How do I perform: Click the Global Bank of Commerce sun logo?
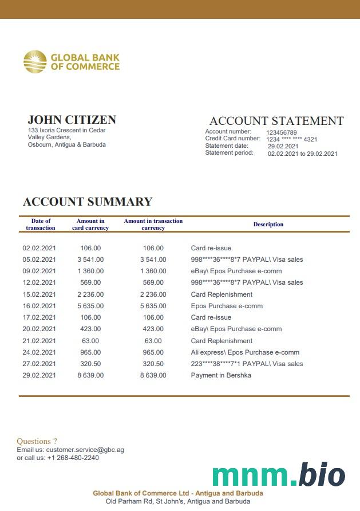click(x=35, y=62)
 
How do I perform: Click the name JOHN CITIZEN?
click(x=72, y=120)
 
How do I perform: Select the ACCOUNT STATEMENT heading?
click(x=276, y=121)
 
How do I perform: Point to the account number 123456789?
click(x=282, y=132)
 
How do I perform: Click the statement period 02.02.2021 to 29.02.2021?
click(x=303, y=154)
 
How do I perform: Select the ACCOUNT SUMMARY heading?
click(x=88, y=202)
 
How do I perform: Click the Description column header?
click(x=268, y=225)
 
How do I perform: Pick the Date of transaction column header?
click(x=41, y=225)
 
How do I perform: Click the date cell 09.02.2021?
click(x=39, y=271)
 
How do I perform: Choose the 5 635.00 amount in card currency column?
click(x=90, y=306)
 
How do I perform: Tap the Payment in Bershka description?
click(x=221, y=375)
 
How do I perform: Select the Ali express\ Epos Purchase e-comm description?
click(x=245, y=352)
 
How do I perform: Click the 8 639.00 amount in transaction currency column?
click(x=153, y=375)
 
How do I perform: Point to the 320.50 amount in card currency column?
click(x=90, y=364)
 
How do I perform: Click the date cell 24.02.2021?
click(x=39, y=352)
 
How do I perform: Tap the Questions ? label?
click(x=37, y=441)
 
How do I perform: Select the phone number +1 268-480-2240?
click(x=73, y=458)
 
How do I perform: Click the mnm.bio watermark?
click(x=279, y=475)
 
